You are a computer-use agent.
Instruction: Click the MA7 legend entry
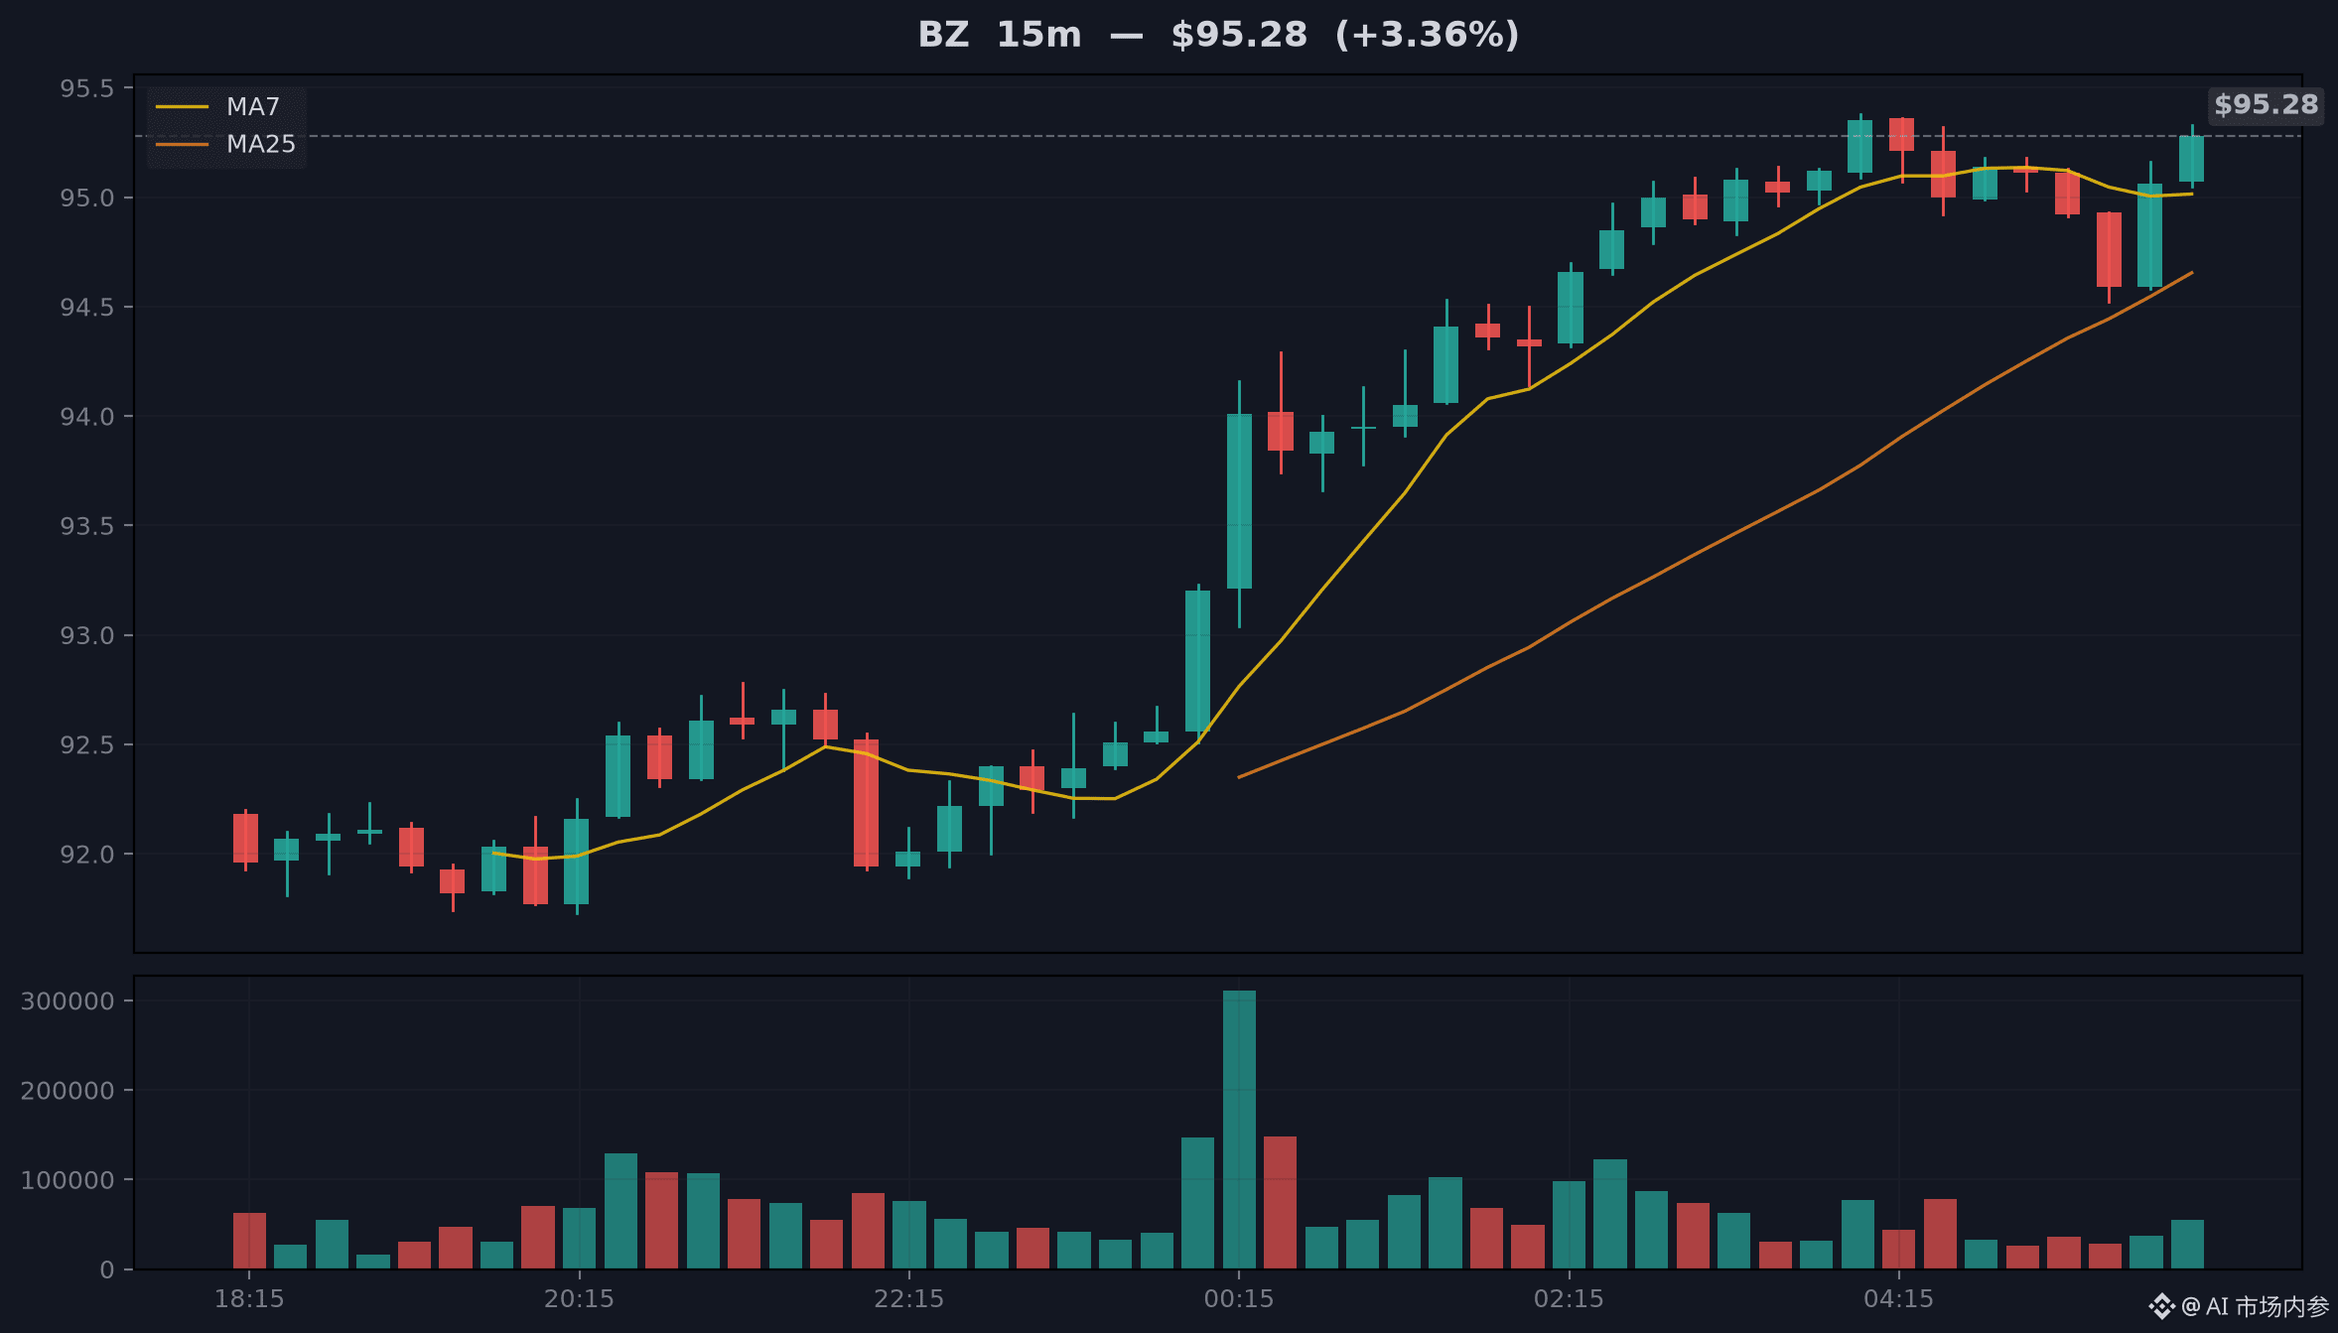[x=217, y=106]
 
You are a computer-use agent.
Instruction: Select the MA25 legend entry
[x=225, y=144]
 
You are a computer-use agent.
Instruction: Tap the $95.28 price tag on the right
[x=2266, y=104]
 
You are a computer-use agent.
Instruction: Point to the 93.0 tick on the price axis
[x=87, y=635]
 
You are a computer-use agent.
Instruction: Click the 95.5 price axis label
[x=87, y=88]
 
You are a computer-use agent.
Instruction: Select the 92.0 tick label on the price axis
[x=87, y=854]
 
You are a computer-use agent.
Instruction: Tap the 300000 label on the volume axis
[x=68, y=1000]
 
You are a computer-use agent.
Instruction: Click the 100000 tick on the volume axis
[x=68, y=1180]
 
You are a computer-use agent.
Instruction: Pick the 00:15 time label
[x=1239, y=1298]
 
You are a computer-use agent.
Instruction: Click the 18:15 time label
[x=249, y=1298]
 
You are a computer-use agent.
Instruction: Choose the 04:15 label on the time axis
[x=1899, y=1298]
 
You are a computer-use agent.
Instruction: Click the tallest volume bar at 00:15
[x=1239, y=1130]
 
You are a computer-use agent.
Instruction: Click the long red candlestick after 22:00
[x=866, y=803]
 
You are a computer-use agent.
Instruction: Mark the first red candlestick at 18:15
[x=245, y=838]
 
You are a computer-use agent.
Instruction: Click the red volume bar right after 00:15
[x=1281, y=1202]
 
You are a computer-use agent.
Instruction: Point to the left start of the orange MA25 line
[x=1239, y=777]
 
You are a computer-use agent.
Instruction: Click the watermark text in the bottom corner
[x=2239, y=1306]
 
